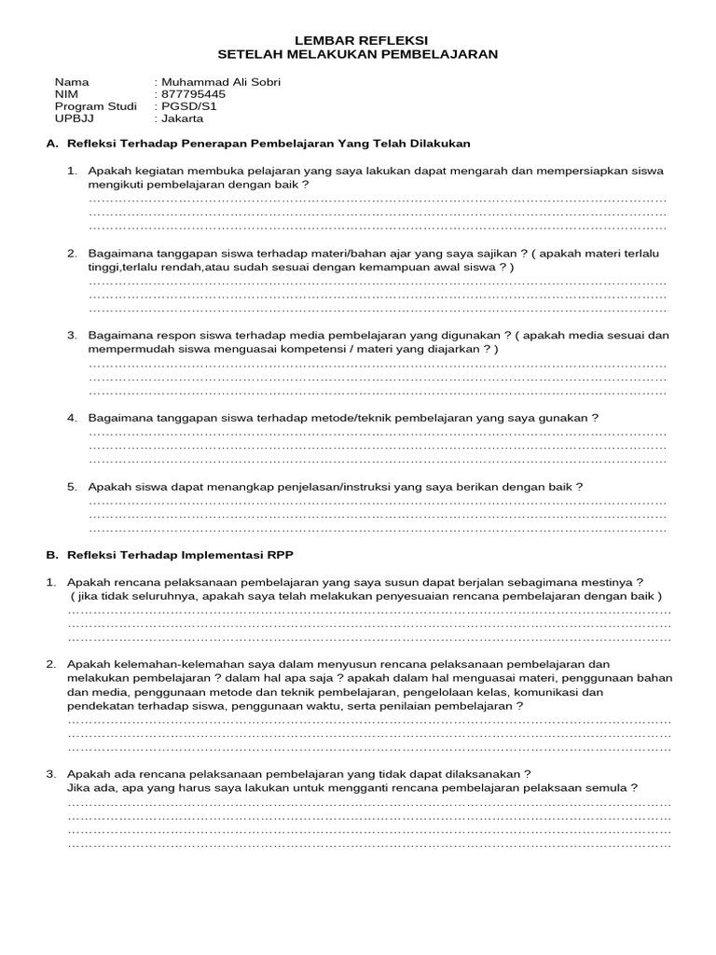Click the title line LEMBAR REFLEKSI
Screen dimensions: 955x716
pos(361,40)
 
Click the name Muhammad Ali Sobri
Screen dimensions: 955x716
pos(221,82)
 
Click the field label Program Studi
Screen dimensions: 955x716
pos(95,106)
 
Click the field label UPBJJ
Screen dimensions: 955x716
pos(74,118)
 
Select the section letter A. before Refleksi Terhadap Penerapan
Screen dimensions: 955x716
pos(52,144)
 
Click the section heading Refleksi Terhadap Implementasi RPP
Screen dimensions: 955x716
pos(180,554)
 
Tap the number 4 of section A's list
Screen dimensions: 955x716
pos(71,418)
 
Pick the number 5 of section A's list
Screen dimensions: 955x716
pos(71,487)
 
